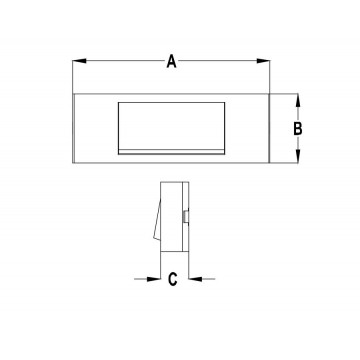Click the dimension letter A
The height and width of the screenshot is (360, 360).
[x=171, y=62]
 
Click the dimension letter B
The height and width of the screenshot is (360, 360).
[x=298, y=129]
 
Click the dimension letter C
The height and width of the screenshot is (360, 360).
[x=172, y=279]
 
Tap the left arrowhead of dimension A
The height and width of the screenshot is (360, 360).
[x=79, y=61]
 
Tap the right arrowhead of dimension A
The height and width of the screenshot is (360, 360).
[x=263, y=61]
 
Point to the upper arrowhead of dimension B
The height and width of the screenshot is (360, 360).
[x=298, y=100]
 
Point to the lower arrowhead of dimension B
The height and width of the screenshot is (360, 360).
[x=298, y=156]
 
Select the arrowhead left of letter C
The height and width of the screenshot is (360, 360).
[x=154, y=279]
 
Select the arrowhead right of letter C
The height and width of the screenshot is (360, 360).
[x=196, y=279]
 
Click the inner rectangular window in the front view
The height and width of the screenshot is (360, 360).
[x=171, y=128]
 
